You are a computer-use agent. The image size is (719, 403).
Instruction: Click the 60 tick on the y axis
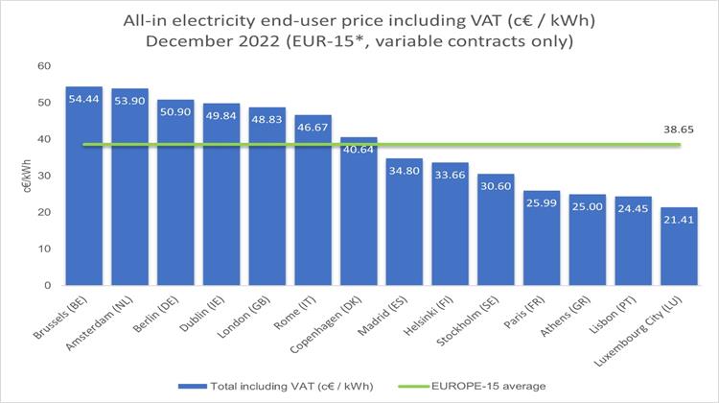[x=44, y=66]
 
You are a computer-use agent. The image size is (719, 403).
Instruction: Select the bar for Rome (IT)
[x=312, y=201]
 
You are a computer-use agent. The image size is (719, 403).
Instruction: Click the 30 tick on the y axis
[x=44, y=176]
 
